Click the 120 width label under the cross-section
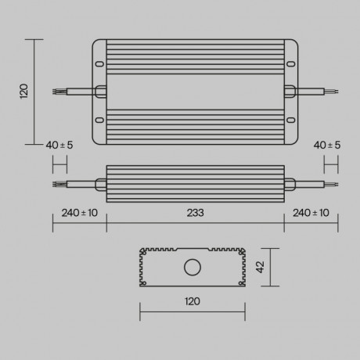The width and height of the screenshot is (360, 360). (193, 301)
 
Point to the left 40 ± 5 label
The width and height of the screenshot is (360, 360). (59, 146)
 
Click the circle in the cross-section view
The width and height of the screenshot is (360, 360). (192, 268)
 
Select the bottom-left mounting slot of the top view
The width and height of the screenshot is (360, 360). (99, 120)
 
